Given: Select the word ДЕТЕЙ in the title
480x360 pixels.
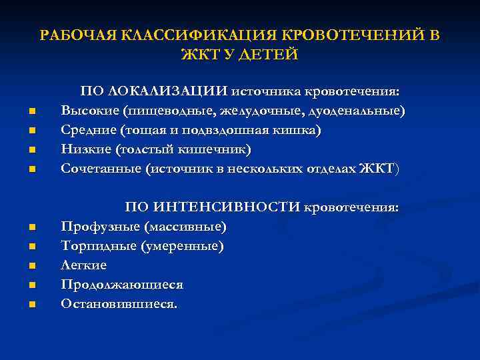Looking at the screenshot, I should click(x=269, y=54).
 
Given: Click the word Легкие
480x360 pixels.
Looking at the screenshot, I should click(x=83, y=265).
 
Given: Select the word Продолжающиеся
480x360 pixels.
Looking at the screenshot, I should click(x=122, y=285).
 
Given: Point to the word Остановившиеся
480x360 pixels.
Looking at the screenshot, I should click(x=119, y=304).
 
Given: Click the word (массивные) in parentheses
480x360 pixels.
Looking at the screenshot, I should click(x=191, y=227).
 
